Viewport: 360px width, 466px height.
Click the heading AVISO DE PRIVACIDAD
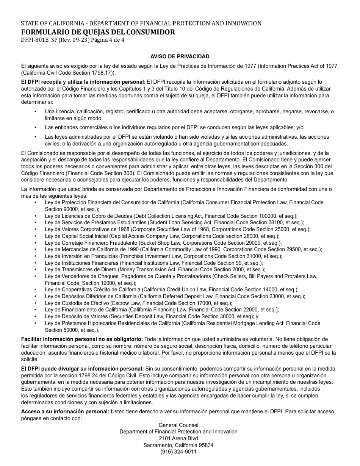pos(180,56)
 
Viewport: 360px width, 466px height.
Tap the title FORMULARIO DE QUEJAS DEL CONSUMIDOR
pos(98,32)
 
